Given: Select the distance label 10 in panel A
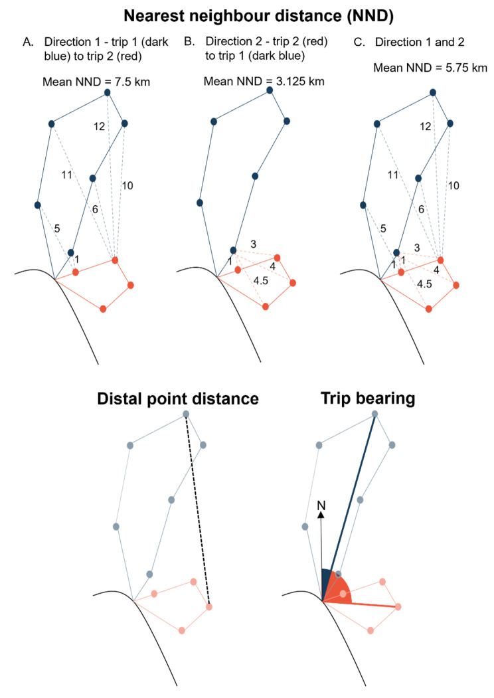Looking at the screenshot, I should point(128,185).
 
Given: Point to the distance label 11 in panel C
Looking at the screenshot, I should point(393,175).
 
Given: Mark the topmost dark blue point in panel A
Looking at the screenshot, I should point(108,94).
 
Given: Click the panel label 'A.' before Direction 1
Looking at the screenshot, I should point(27,43).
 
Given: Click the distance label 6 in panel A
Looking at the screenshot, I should point(95,209).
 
